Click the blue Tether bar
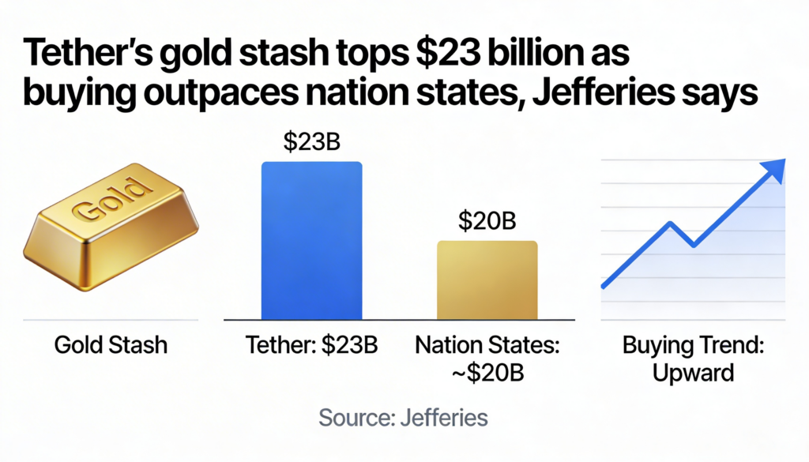coord(311,240)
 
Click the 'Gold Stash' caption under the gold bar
coord(111,345)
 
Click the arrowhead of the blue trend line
coord(777,167)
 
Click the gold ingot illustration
coord(110,229)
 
